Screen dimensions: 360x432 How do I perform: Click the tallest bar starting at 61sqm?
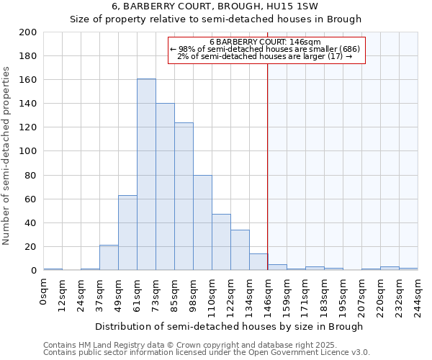[x=146, y=175]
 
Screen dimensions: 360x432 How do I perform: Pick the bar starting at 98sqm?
[x=202, y=222]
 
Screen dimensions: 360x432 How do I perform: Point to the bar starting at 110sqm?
[x=221, y=242]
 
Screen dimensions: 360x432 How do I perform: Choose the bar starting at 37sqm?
[x=109, y=258]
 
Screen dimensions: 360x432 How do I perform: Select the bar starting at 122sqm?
[x=240, y=250]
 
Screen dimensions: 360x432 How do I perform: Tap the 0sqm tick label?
[x=43, y=290]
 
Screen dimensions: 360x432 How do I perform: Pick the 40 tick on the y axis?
[x=31, y=223]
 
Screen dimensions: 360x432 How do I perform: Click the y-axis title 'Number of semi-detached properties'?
[x=6, y=156]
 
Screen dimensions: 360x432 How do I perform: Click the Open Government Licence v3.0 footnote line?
[x=206, y=353]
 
